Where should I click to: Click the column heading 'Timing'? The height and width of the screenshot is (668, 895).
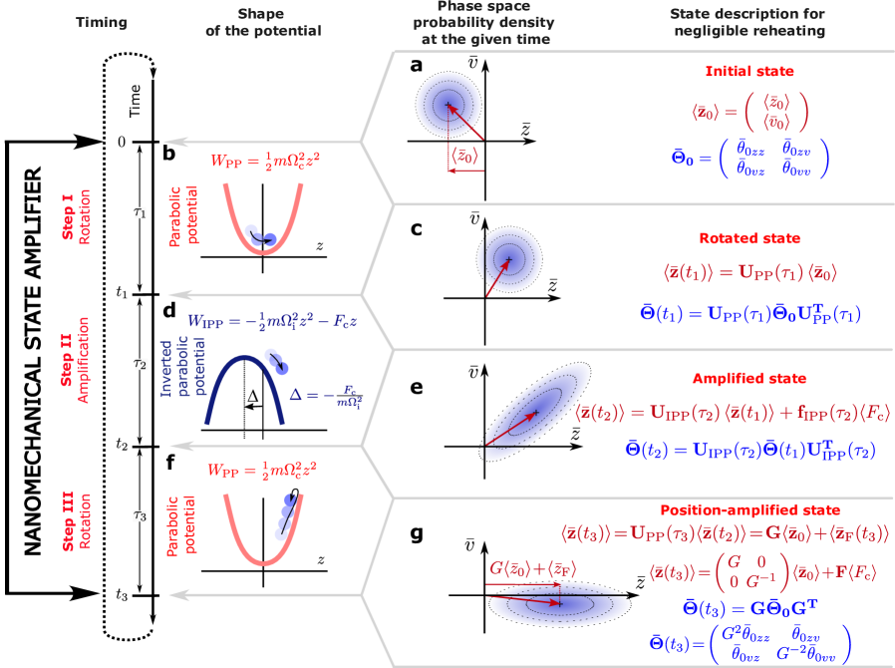pos(102,22)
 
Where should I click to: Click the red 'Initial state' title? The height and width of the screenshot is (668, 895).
pos(748,72)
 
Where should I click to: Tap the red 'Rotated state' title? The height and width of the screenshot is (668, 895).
pos(748,238)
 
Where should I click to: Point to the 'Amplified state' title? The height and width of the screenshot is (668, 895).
pos(748,379)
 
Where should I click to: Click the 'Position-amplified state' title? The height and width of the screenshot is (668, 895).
pos(749,509)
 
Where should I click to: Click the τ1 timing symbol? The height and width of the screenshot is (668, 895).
pos(141,212)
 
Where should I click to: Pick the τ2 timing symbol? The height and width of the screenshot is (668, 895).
pos(141,364)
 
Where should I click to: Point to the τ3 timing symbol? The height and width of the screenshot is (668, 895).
pos(141,515)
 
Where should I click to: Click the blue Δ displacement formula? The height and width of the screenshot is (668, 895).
pos(322,397)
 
